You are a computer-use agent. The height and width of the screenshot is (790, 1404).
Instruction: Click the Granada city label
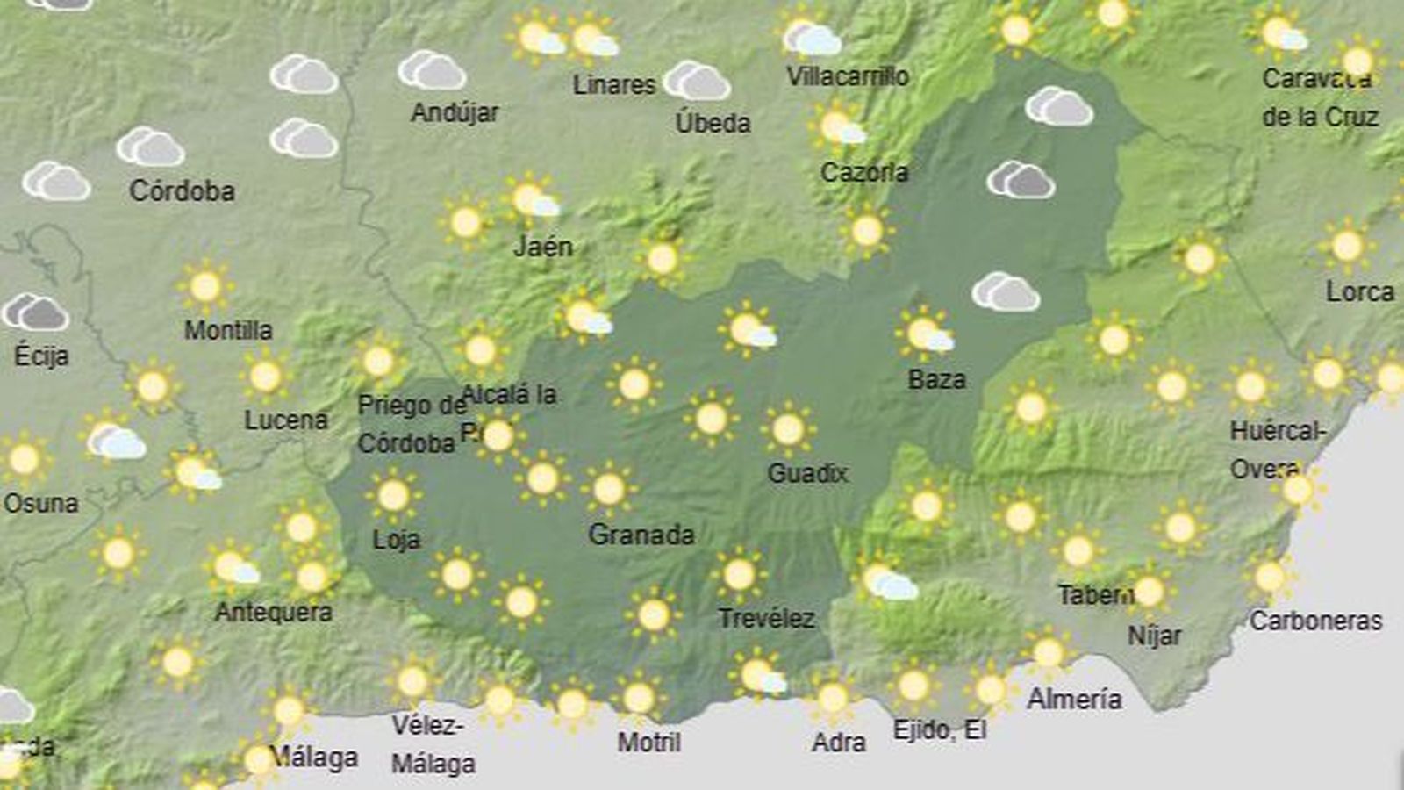[x=641, y=535]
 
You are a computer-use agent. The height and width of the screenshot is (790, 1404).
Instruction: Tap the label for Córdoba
[x=182, y=190]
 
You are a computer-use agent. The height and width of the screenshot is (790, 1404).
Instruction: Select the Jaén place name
[x=543, y=247]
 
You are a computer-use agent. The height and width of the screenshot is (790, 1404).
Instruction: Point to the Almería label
[x=1074, y=700]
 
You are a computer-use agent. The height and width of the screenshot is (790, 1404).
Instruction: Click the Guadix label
[x=807, y=474]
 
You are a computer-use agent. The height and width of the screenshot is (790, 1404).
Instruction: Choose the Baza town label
[x=937, y=380]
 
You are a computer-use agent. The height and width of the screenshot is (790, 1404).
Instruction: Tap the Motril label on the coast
[x=649, y=743]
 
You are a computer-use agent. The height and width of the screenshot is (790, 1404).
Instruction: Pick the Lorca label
[x=1359, y=291]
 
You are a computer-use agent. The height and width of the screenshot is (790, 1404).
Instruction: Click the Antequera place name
[x=274, y=612]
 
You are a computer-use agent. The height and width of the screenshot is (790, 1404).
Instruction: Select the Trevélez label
[x=766, y=619]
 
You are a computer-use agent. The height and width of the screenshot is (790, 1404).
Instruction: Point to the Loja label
[x=397, y=539]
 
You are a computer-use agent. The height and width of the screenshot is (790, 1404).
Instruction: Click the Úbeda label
[x=713, y=123]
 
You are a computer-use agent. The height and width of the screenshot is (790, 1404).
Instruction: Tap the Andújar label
[x=455, y=112]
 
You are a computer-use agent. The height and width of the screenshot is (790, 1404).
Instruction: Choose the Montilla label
[x=228, y=330]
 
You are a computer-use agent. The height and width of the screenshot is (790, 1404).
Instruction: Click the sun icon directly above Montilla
[x=204, y=286]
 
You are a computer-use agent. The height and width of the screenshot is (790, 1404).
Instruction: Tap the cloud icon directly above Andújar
[x=432, y=71]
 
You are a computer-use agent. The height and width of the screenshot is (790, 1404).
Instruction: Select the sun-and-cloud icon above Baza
[x=925, y=334]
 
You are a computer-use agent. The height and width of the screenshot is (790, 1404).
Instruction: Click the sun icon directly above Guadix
[x=788, y=429]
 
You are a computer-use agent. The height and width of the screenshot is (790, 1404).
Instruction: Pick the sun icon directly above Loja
[x=393, y=495]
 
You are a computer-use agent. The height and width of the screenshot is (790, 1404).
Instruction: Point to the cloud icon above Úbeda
[x=697, y=82]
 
